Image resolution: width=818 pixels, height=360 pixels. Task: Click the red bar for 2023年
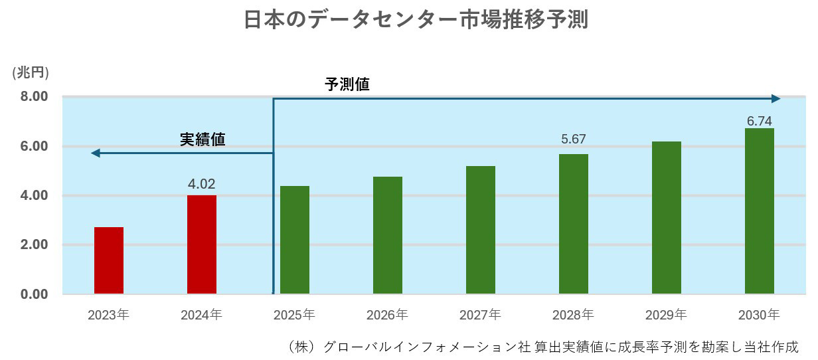click(109, 260)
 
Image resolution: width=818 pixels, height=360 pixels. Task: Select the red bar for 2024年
click(202, 244)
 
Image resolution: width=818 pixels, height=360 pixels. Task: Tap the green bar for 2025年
click(295, 240)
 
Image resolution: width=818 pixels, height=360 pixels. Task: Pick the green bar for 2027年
click(481, 230)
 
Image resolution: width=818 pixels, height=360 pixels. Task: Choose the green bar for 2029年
click(667, 217)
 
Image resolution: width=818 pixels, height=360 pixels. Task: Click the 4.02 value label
click(202, 184)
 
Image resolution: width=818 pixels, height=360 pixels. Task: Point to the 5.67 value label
click(574, 139)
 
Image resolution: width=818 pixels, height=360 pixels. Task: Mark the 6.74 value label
click(760, 121)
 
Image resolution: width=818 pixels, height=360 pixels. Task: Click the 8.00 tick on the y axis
click(34, 96)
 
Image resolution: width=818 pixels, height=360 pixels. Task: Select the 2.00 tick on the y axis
click(34, 244)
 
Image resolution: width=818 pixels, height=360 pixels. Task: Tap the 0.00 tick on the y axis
click(34, 294)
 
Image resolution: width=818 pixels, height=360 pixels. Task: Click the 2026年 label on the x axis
click(387, 314)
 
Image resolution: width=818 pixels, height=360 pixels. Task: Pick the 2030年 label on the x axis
click(759, 314)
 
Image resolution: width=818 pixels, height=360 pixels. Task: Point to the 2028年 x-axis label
click(573, 314)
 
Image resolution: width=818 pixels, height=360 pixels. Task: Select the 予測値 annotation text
click(347, 85)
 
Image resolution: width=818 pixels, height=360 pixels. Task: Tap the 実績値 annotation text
click(203, 139)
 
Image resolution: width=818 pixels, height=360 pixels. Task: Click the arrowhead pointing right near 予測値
click(776, 99)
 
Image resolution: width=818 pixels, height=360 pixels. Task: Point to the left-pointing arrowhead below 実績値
click(96, 153)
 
